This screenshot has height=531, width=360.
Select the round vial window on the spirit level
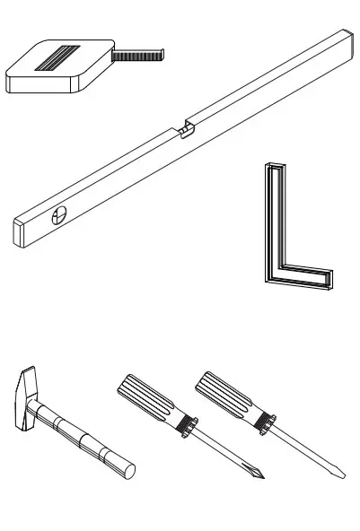[x=60, y=215]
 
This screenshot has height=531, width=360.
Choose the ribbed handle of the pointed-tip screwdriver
[x=147, y=400]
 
